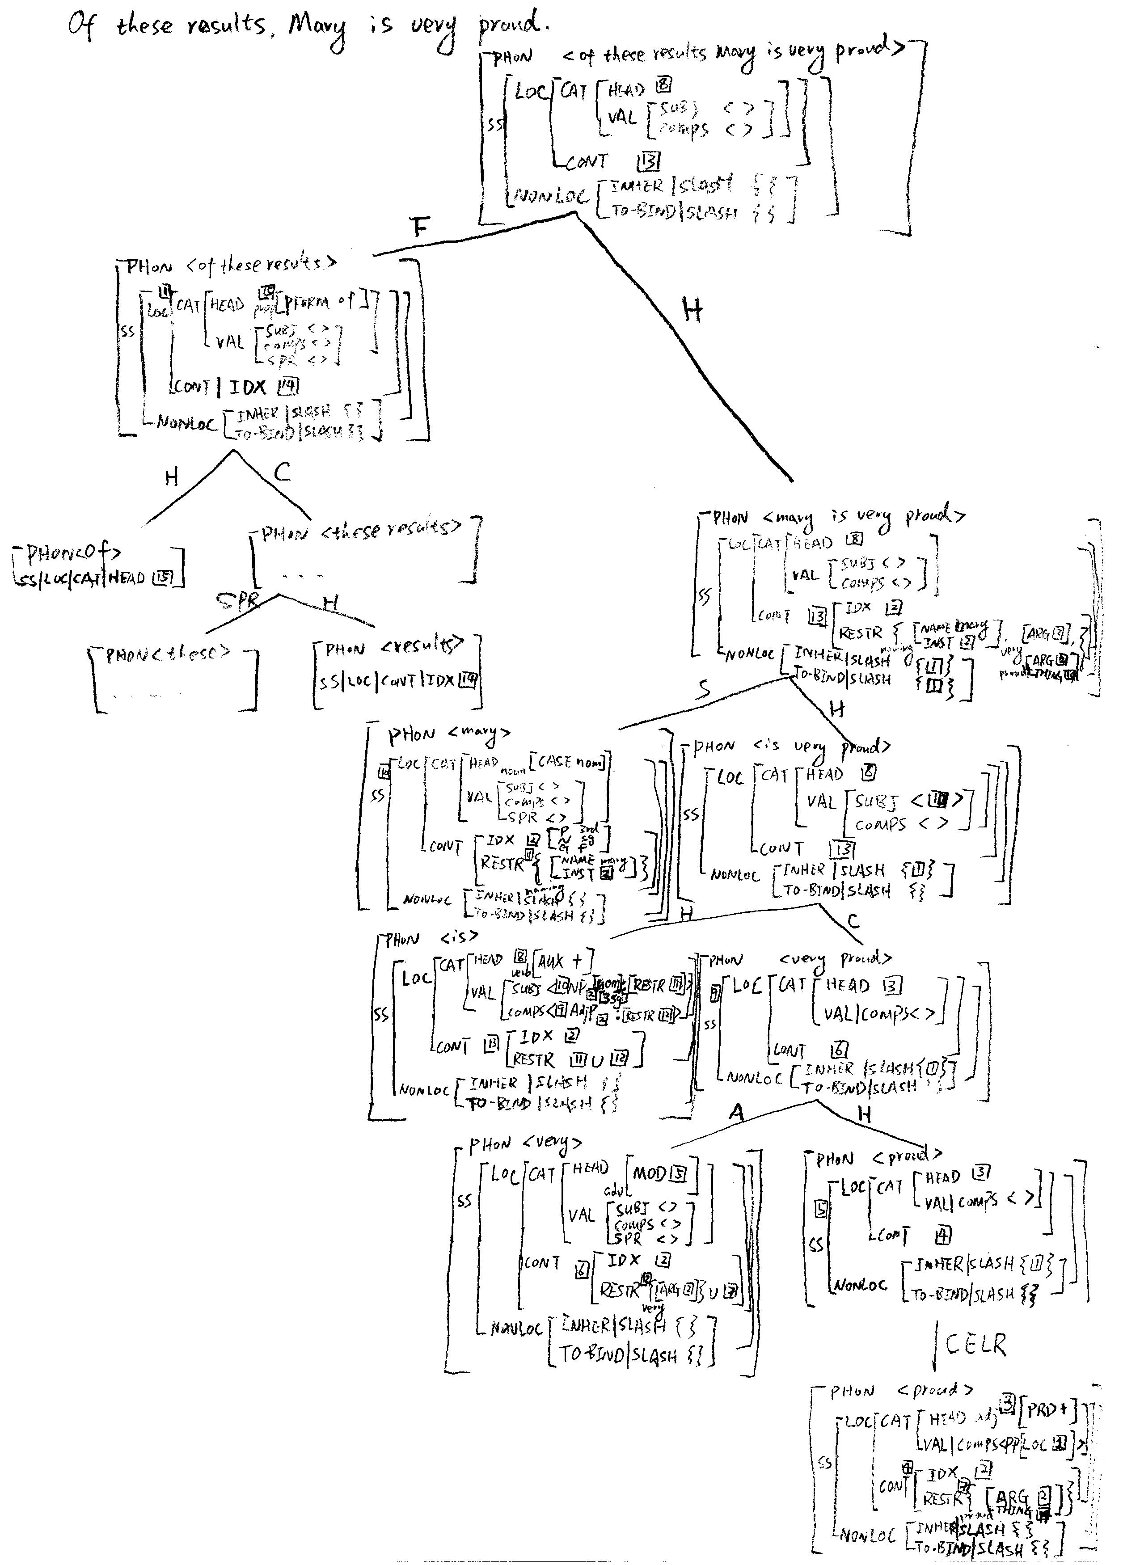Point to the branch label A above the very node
(737, 1112)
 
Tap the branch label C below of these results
(282, 472)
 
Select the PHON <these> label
(167, 654)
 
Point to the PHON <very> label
(525, 1144)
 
